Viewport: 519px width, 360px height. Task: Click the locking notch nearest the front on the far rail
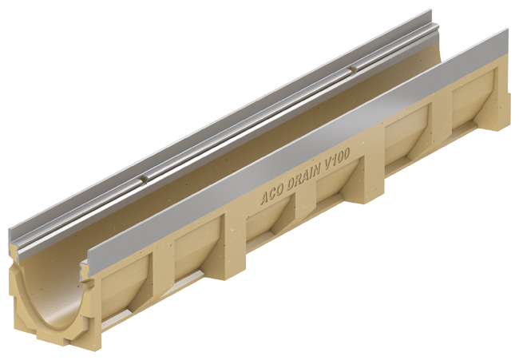pos(145,180)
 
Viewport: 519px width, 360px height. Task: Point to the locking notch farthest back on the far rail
pos(353,69)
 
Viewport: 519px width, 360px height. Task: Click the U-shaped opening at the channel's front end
pos(52,295)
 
